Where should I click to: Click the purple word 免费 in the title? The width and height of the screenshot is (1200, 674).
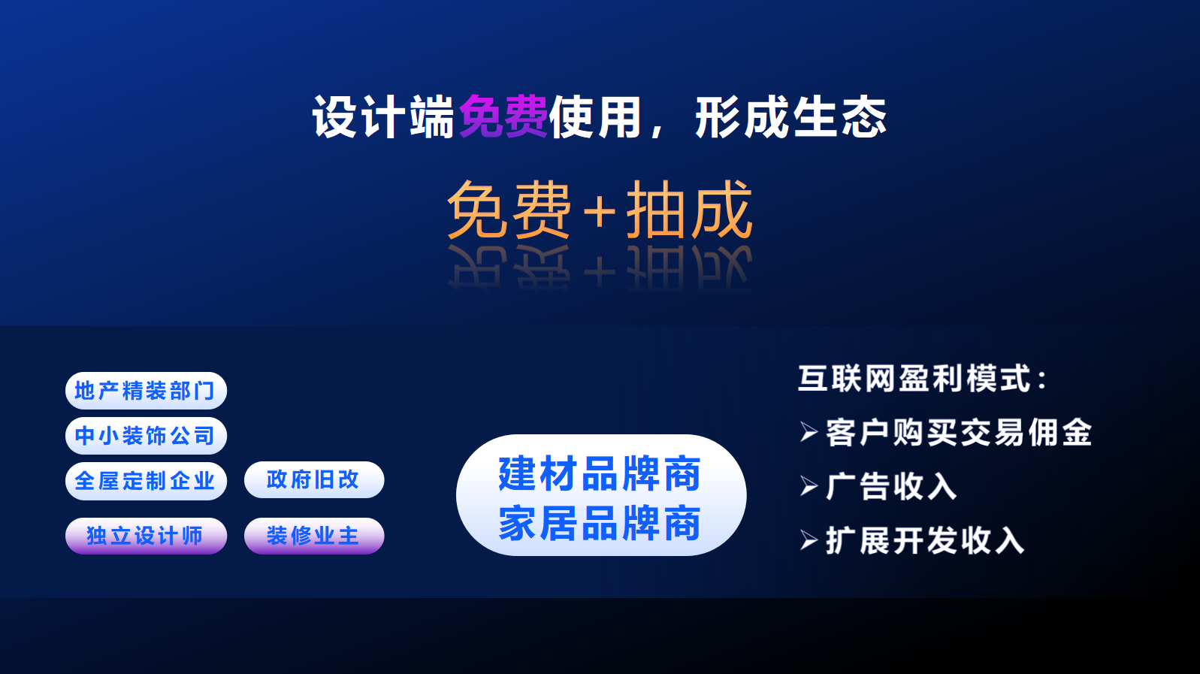[503, 116]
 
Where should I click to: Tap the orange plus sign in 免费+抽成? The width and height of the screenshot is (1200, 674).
[599, 212]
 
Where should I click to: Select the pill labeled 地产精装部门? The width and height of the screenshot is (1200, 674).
[146, 391]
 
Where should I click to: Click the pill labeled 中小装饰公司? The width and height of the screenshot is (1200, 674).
[146, 436]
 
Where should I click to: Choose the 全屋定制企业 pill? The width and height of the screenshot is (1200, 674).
[146, 481]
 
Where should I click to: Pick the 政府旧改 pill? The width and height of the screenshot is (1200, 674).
[314, 479]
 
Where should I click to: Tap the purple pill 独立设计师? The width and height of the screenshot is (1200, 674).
[146, 536]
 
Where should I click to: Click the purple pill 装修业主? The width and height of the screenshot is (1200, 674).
[314, 536]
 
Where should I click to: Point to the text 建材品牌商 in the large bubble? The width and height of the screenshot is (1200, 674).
[600, 473]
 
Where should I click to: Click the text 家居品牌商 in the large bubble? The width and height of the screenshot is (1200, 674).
[600, 523]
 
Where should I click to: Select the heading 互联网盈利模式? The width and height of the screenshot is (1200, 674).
[914, 378]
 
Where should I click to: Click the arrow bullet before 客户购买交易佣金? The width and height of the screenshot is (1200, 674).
[809, 432]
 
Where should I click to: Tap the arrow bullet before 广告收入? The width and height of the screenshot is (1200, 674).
[809, 486]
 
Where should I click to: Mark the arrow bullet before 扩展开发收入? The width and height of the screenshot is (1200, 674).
[809, 540]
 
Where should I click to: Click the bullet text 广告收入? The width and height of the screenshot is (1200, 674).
[891, 486]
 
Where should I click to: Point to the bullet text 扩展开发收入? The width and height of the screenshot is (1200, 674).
[925, 540]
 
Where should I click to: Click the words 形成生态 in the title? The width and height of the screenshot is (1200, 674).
[790, 116]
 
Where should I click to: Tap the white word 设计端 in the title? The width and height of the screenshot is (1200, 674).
[383, 116]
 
